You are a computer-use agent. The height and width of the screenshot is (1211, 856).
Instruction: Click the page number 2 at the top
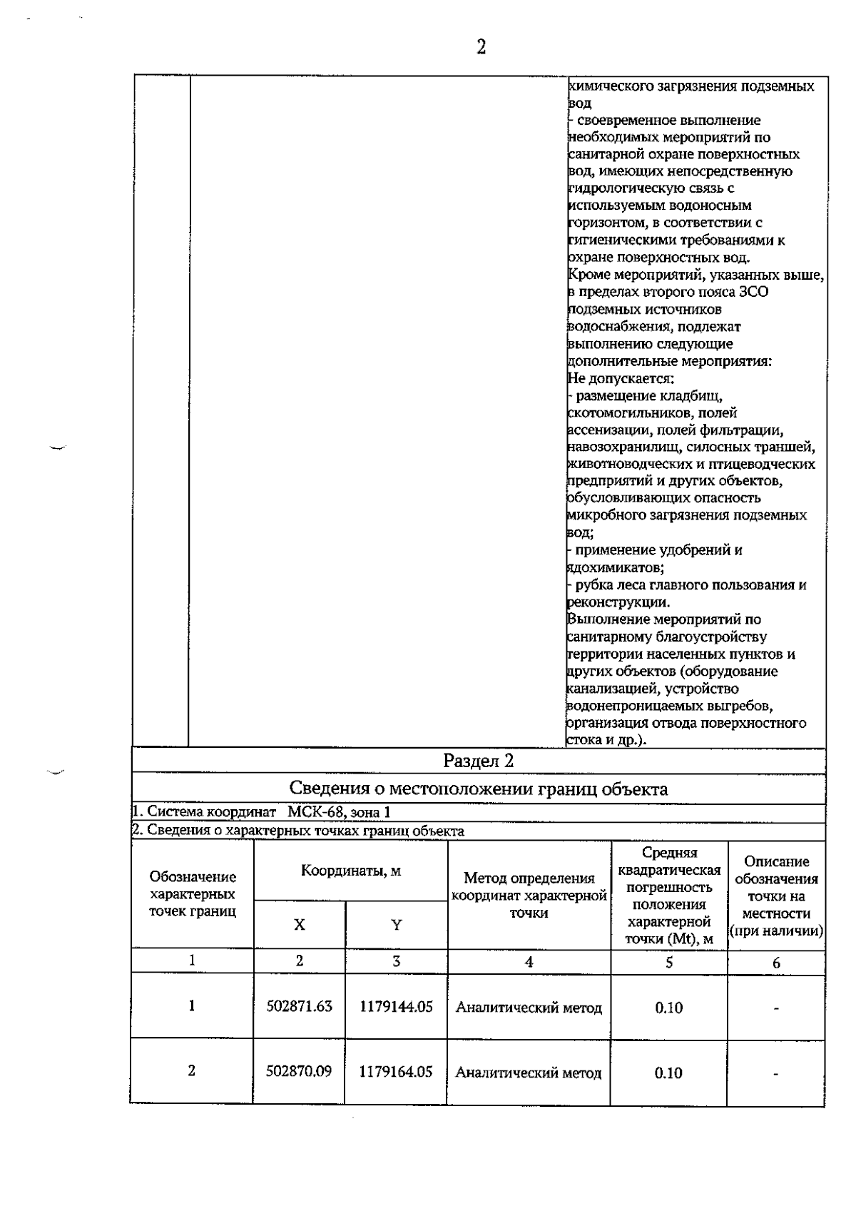click(x=481, y=48)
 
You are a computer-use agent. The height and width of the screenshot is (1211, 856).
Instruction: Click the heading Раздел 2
click(x=478, y=761)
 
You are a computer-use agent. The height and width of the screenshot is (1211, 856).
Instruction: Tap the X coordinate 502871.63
click(x=299, y=1006)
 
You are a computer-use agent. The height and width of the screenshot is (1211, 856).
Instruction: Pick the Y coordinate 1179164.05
click(x=396, y=1072)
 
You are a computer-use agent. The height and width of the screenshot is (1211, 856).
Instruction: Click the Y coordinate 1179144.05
click(x=396, y=1007)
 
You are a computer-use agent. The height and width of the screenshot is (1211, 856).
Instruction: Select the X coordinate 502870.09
click(x=299, y=1071)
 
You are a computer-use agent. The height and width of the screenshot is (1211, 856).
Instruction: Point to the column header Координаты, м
click(x=350, y=871)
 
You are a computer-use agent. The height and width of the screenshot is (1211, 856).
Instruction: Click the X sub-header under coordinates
click(x=299, y=925)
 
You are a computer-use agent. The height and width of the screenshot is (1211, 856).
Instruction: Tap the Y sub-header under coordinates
click(x=396, y=925)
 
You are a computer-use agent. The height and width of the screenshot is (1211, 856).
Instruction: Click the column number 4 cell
click(x=529, y=962)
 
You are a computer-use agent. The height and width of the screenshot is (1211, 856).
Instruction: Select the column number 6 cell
click(x=776, y=963)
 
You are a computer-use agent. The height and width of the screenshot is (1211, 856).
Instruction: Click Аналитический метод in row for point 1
click(x=529, y=1008)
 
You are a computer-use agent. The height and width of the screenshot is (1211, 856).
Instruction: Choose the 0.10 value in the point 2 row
click(x=668, y=1073)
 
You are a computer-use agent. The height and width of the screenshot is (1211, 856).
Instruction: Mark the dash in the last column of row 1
click(x=776, y=1008)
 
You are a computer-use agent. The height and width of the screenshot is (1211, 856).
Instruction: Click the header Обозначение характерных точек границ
click(x=193, y=894)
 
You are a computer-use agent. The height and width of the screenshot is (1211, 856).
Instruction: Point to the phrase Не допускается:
click(x=621, y=379)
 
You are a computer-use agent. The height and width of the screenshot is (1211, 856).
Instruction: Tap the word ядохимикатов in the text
click(x=615, y=568)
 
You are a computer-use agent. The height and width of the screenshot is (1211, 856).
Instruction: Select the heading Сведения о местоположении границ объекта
click(x=478, y=789)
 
